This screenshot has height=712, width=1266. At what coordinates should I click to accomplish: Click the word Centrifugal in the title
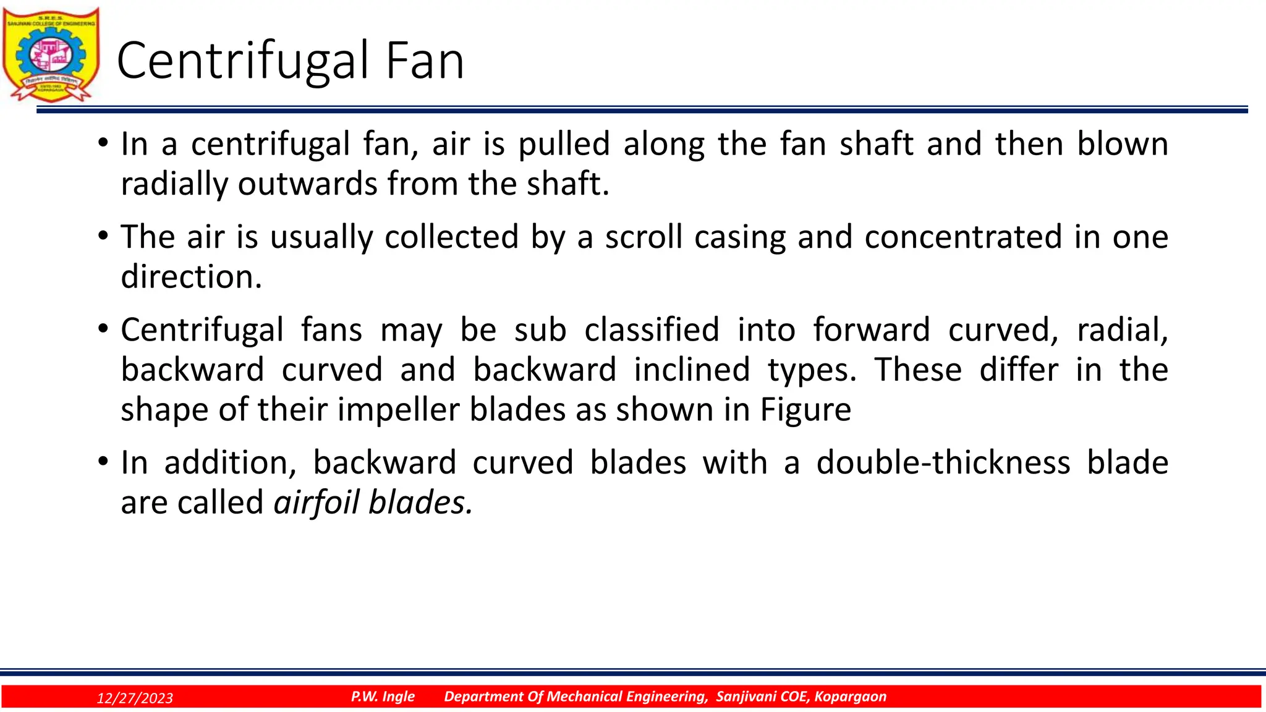(242, 61)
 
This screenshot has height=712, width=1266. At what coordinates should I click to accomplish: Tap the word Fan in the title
(425, 61)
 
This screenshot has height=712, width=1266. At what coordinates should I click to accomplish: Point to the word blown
(1122, 143)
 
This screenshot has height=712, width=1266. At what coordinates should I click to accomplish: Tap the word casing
(740, 238)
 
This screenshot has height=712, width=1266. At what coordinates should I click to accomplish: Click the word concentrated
(963, 237)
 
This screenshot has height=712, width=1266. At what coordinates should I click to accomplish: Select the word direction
(191, 277)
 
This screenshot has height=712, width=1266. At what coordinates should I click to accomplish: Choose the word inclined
(692, 370)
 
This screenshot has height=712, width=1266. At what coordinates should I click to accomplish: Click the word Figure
(805, 410)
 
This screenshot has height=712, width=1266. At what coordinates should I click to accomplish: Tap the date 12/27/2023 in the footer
(135, 698)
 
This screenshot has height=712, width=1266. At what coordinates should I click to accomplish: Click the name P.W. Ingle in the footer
(383, 697)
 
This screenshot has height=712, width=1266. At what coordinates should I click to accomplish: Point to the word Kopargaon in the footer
(850, 697)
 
